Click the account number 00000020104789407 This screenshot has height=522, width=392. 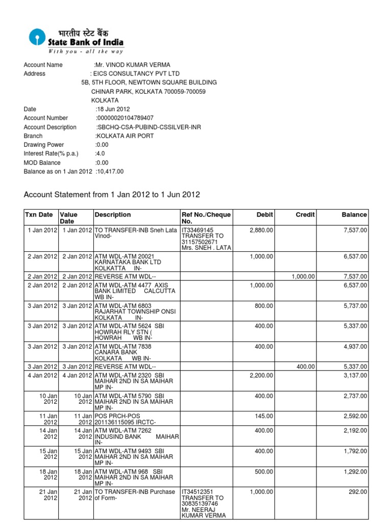(125, 118)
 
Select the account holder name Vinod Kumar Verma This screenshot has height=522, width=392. (133, 65)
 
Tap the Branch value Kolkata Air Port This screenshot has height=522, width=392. (125, 136)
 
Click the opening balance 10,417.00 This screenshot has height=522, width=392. (110, 172)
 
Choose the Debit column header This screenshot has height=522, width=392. (264, 215)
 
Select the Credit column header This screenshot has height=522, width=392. (305, 215)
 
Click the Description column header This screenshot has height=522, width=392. (113, 215)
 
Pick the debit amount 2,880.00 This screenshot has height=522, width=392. (261, 230)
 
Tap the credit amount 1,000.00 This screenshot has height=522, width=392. (303, 276)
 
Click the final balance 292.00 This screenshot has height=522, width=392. (358, 492)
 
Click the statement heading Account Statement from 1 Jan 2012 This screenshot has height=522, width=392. (112, 195)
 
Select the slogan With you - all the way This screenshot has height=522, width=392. (85, 51)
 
